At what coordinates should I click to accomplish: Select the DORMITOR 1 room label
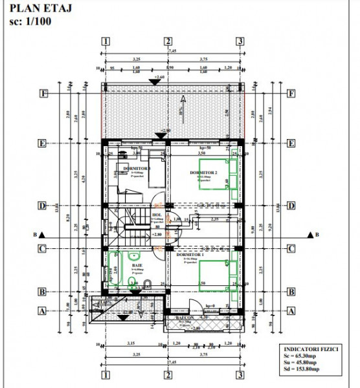point(190,255)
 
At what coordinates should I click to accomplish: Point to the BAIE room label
point(138,265)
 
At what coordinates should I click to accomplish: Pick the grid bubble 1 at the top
point(105,41)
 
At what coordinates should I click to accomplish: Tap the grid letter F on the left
point(42,93)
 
